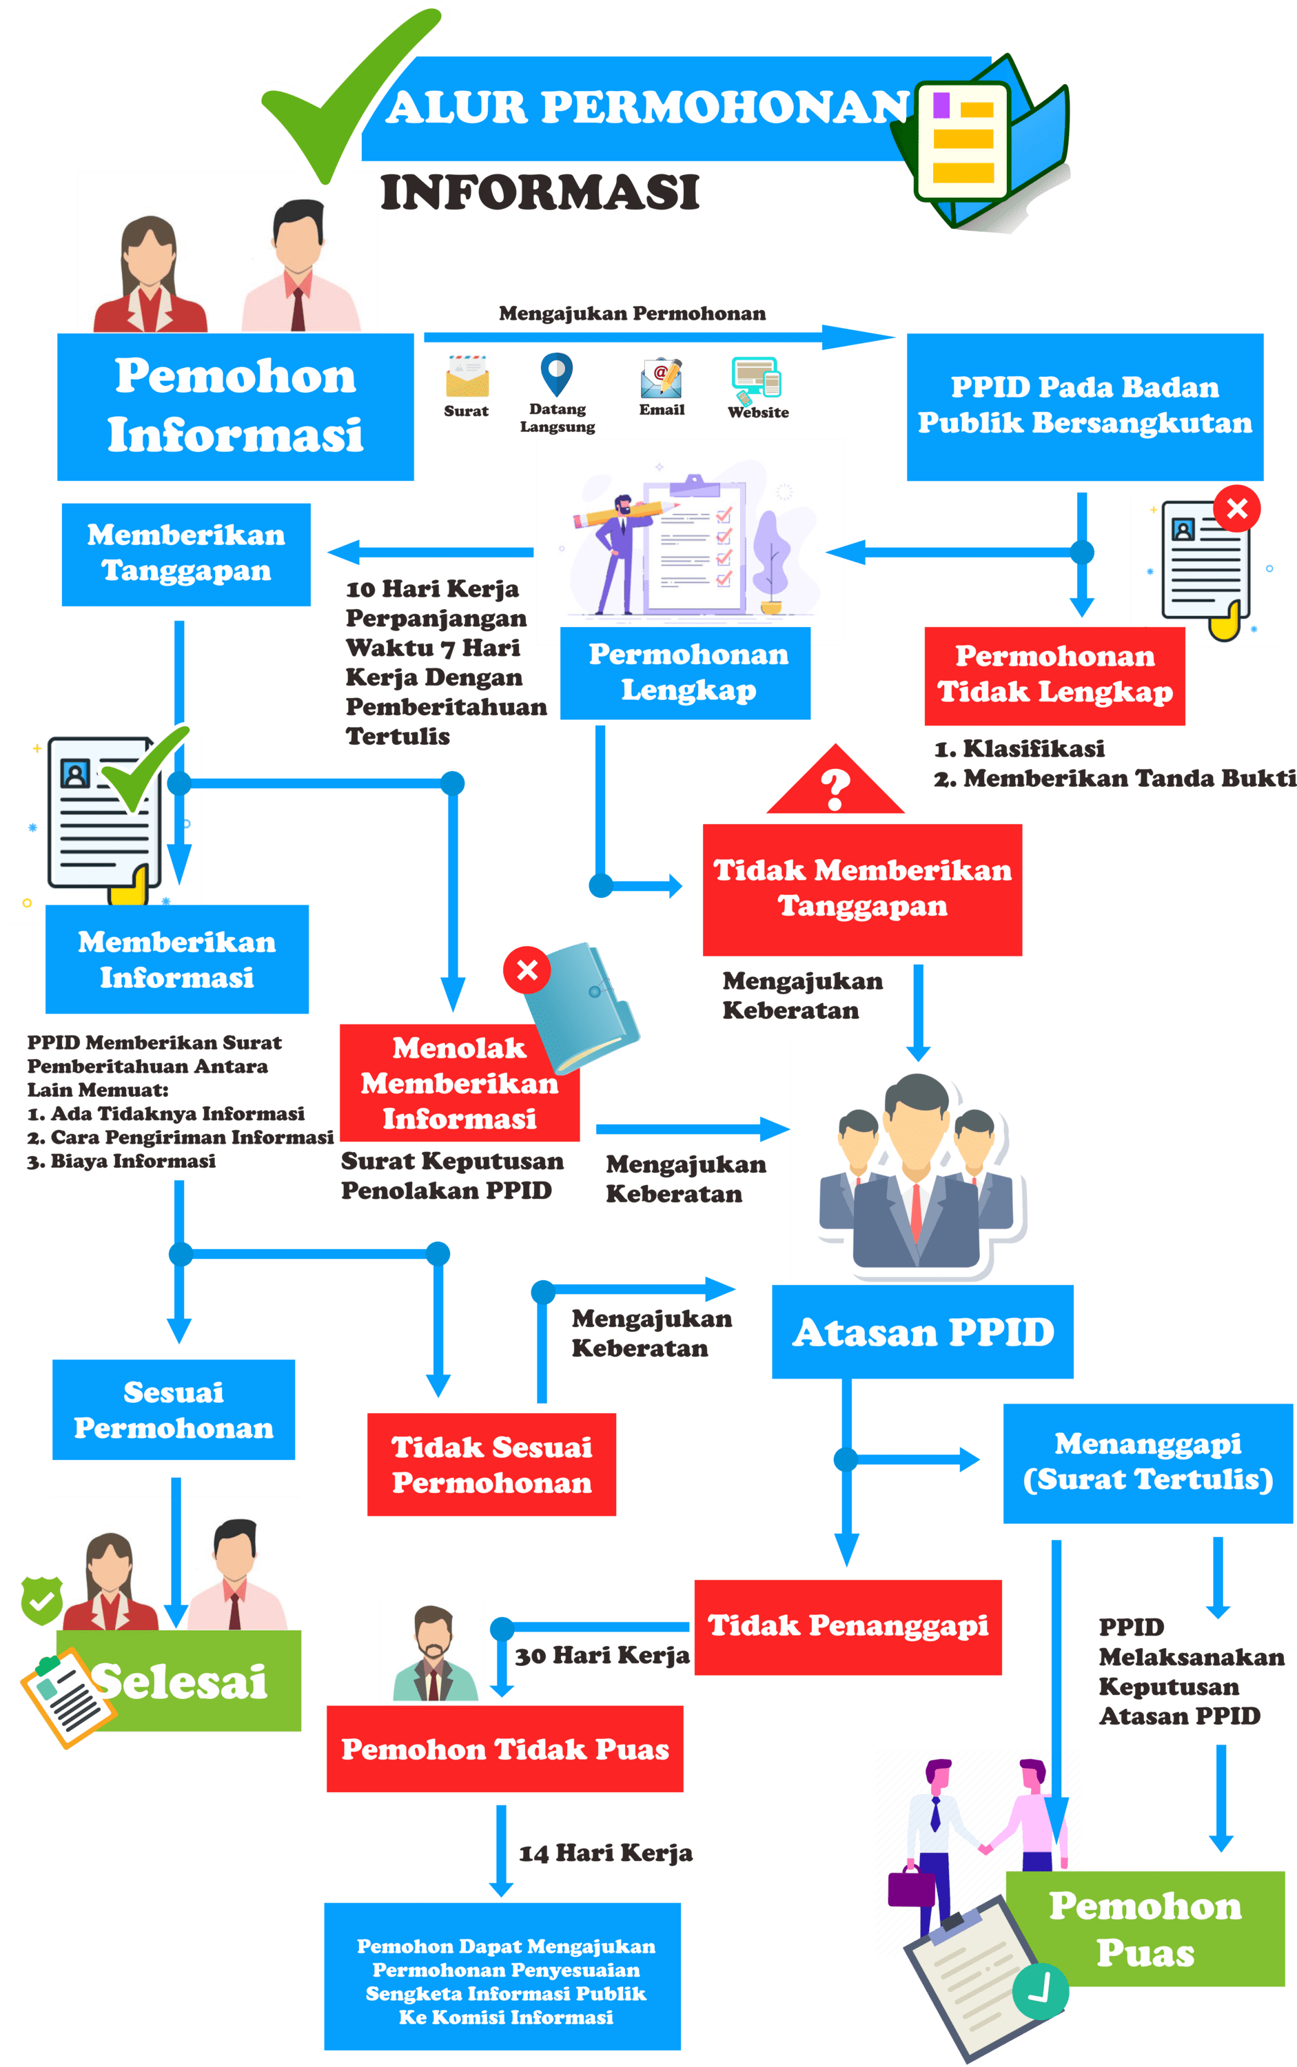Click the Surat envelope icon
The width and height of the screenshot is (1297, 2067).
coord(467,375)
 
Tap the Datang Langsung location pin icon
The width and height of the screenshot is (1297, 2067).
coord(557,373)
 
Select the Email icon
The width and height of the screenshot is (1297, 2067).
coord(662,378)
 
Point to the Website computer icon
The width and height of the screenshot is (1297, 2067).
coord(756,378)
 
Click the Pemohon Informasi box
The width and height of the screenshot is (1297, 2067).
coord(236,406)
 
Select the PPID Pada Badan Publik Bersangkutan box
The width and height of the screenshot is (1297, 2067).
coord(1085,406)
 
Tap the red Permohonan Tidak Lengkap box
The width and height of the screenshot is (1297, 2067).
coord(1054,675)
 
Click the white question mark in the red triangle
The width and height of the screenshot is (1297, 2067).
coord(835,788)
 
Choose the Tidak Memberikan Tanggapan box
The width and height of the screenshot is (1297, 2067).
coord(862,889)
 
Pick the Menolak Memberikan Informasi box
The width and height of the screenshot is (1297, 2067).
coord(459,1082)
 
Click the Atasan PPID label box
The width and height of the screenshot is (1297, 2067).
coord(922,1331)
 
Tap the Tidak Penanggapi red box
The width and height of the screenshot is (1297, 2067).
coord(848,1625)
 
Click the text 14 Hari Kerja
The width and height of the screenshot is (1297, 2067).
coord(606,1853)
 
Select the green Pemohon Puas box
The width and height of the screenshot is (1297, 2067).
coord(1145,1929)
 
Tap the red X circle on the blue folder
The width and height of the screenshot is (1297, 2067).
coord(527,970)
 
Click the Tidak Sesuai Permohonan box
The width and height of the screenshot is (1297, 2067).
coord(491,1465)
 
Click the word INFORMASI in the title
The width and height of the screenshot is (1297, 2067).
coord(540,192)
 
